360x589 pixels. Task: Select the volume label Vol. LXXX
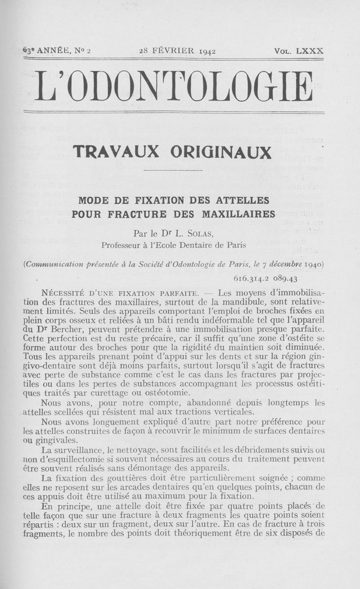click(x=299, y=51)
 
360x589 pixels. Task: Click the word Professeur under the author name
click(x=122, y=245)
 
